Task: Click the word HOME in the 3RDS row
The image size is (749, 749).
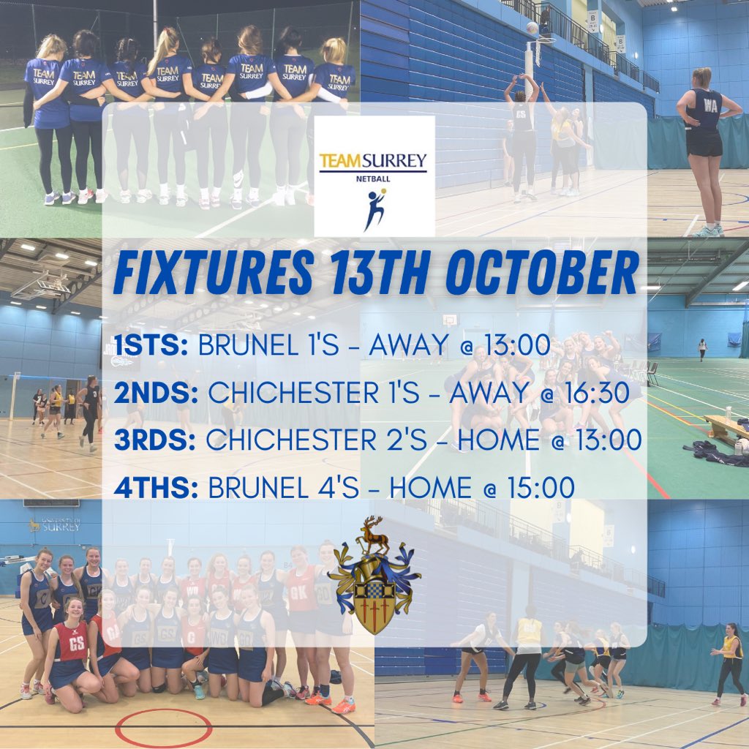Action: [x=478, y=440]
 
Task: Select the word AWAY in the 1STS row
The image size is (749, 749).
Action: [x=407, y=347]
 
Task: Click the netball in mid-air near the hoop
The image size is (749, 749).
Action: [x=532, y=27]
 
